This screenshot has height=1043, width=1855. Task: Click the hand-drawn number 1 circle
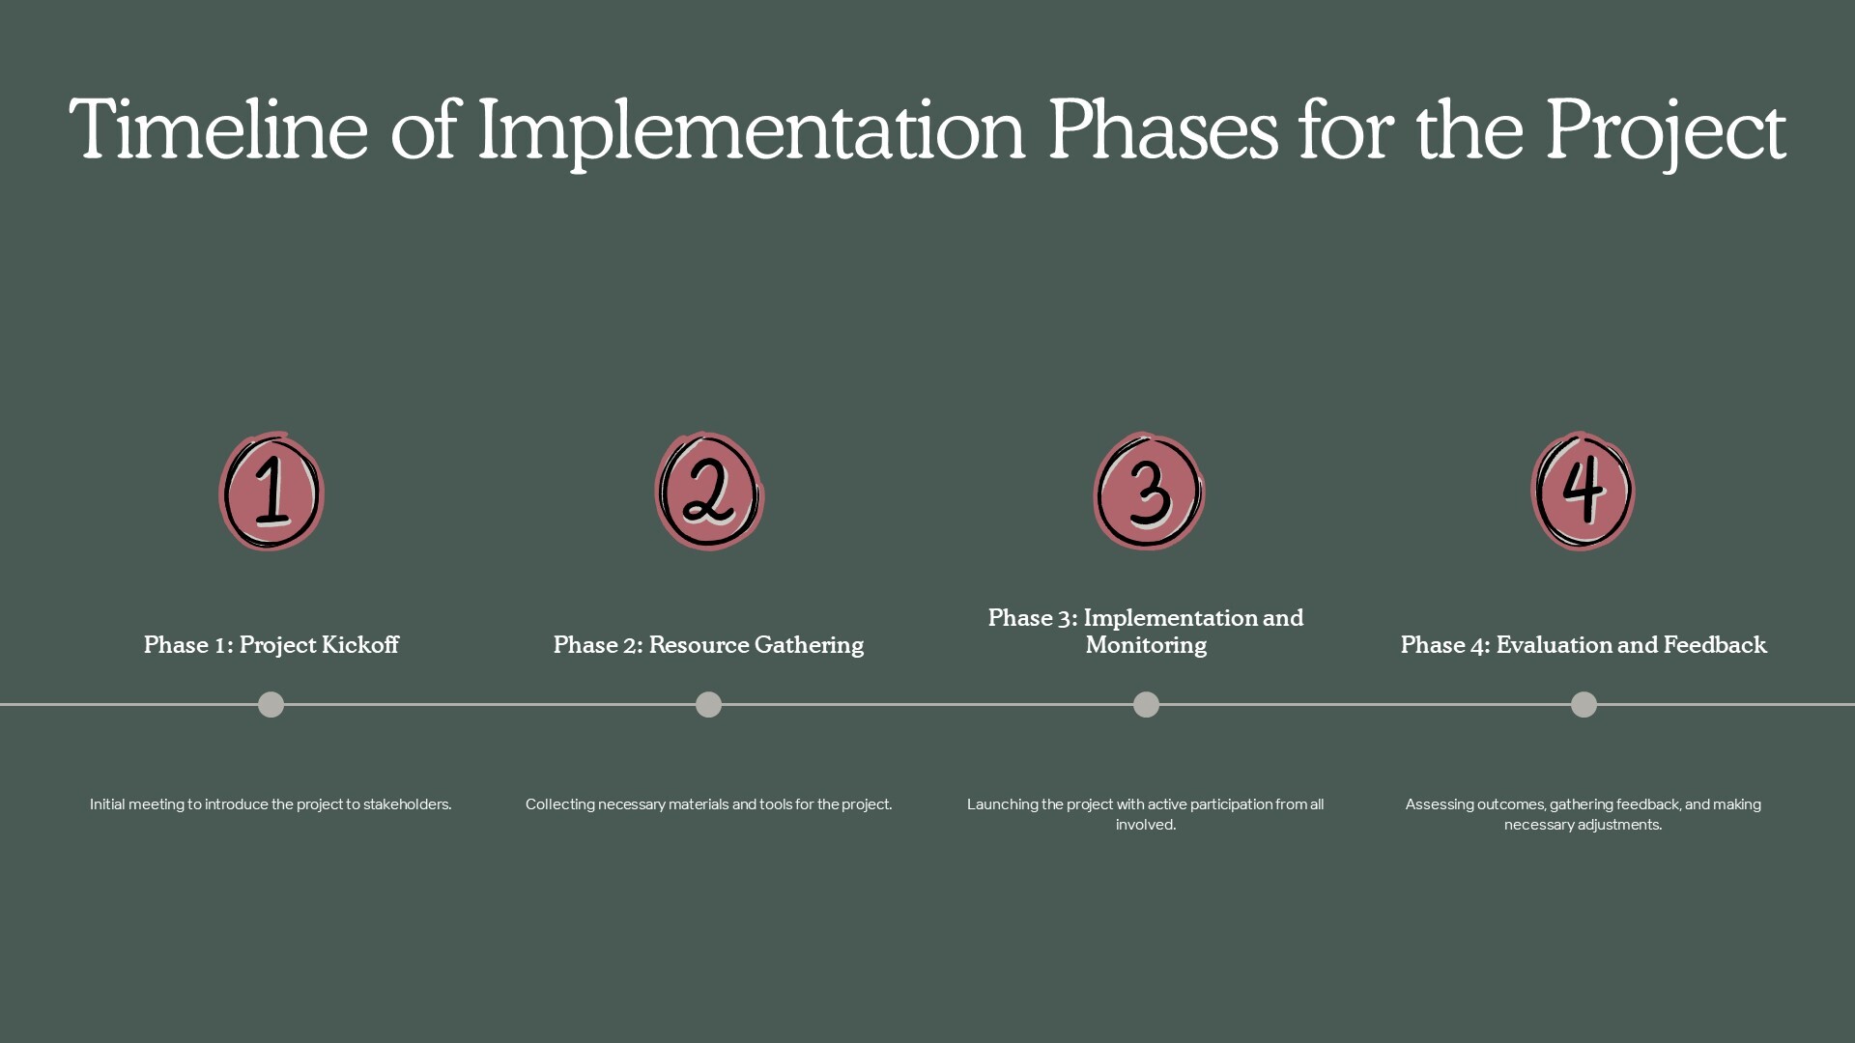coord(271,492)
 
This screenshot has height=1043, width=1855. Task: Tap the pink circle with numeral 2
coord(709,492)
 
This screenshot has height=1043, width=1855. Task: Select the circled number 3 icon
coord(1149,492)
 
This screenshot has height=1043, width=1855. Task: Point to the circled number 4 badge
coord(1583,492)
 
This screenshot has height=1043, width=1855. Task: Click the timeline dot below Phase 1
coord(271,705)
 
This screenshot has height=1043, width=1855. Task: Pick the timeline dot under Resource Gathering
coord(709,705)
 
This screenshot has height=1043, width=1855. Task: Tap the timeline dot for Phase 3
coord(1146,705)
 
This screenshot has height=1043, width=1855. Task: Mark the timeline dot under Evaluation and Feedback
coord(1584,705)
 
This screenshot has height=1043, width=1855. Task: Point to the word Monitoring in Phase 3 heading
coord(1146,645)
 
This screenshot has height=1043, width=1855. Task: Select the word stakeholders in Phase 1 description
coord(408,803)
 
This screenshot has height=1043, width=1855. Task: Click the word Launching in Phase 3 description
coord(1002,804)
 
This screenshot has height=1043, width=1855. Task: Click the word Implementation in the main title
coord(751,132)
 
